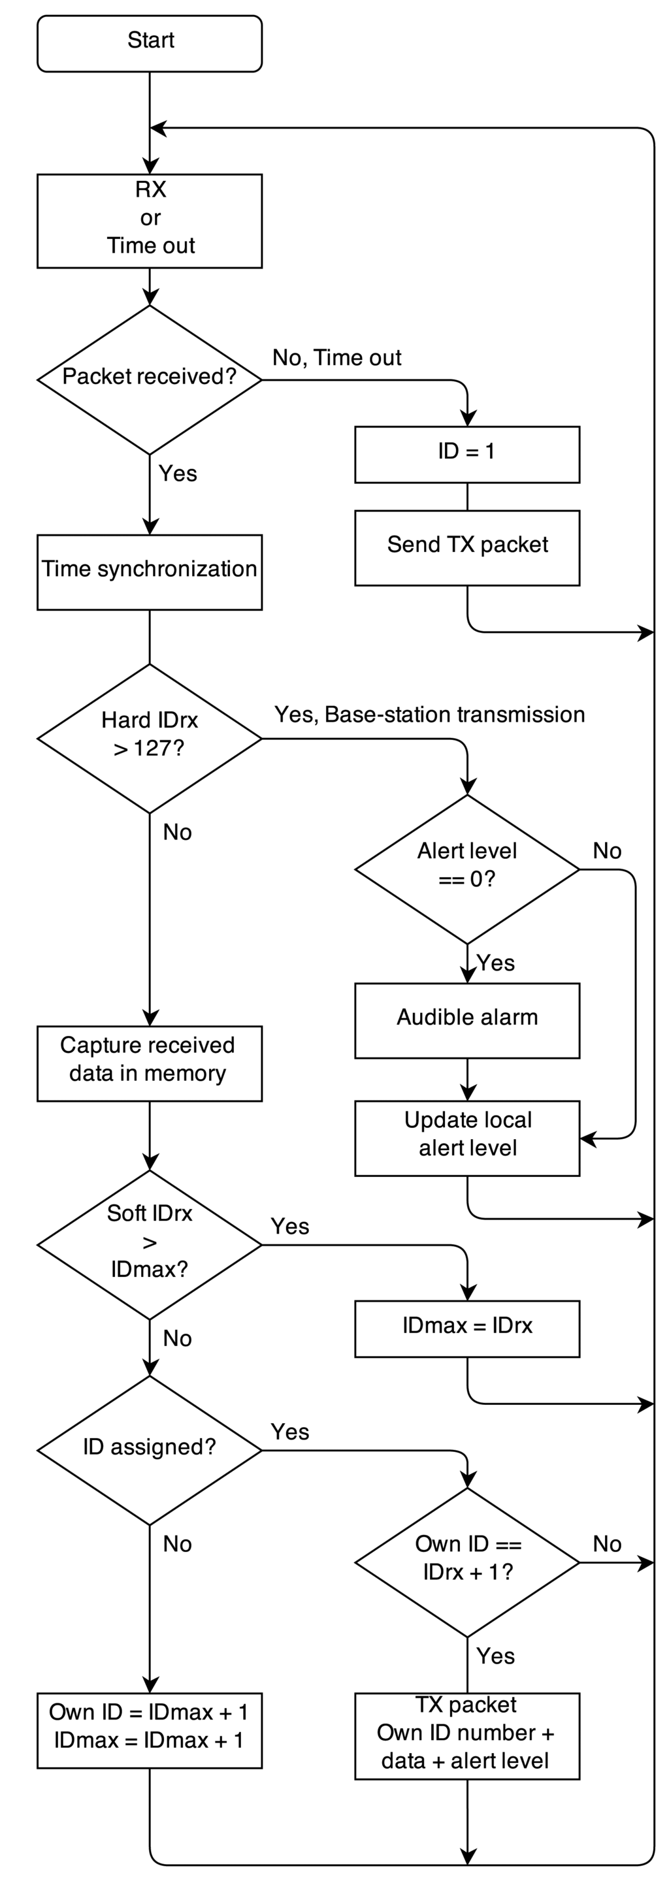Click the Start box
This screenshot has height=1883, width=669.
149,43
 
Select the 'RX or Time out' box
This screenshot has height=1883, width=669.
149,221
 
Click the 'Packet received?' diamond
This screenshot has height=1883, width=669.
149,379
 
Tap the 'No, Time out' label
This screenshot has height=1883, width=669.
336,357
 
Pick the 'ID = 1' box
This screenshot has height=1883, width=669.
466,454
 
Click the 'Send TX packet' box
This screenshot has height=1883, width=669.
466,547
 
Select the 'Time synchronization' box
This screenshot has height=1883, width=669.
149,571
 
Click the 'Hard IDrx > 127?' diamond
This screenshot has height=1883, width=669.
149,738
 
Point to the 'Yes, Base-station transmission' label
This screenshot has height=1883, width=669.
429,714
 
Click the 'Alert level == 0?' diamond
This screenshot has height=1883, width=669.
466,869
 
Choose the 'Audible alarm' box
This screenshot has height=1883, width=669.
466,1020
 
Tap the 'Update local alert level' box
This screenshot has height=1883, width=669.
466,1137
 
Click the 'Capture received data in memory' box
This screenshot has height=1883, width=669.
149,1063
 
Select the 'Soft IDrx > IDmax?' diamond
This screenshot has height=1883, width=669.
149,1244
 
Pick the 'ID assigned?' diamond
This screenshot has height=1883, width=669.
149,1449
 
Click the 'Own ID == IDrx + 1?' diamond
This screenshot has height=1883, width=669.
466,1562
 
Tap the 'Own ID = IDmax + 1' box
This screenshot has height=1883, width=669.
149,1730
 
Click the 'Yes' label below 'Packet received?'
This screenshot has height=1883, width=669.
178,474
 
